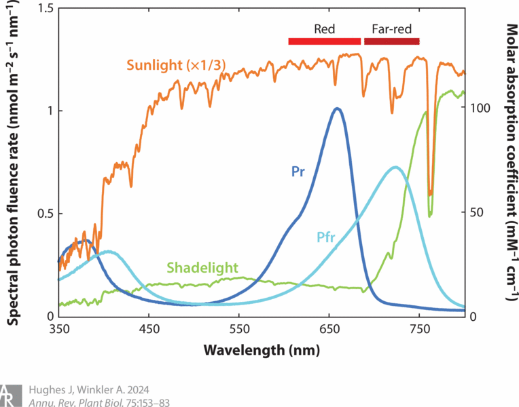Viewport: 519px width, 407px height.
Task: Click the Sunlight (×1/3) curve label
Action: click(176, 65)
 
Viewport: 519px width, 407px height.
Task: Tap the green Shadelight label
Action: click(202, 267)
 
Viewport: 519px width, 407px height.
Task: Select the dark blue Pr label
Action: click(298, 172)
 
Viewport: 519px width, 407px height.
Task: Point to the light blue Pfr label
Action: click(325, 237)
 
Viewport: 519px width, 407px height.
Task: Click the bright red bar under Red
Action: click(325, 41)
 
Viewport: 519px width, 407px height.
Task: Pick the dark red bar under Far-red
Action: click(392, 41)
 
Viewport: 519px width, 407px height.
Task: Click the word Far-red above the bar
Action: click(392, 29)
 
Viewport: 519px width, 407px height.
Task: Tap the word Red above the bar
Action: click(325, 29)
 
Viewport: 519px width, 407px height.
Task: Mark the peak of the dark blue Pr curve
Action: click(337, 109)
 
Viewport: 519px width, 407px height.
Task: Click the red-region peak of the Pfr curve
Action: click(395, 168)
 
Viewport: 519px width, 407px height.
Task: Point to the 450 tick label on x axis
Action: click(149, 330)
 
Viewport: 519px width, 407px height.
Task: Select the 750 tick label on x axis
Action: click(419, 330)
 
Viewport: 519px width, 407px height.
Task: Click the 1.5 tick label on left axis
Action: click(46, 8)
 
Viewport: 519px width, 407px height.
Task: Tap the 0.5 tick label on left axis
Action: click(46, 214)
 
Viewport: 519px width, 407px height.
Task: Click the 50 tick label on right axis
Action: click(478, 212)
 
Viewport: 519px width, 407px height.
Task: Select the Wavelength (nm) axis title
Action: click(262, 350)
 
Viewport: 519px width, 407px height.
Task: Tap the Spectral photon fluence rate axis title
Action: click(13, 162)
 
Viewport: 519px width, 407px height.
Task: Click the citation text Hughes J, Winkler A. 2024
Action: click(89, 390)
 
